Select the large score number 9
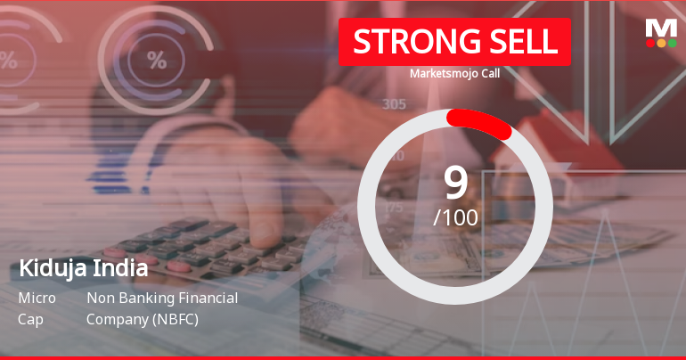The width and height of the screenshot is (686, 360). (455, 183)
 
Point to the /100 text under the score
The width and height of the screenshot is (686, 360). (455, 217)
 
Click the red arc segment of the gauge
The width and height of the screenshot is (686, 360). (479, 123)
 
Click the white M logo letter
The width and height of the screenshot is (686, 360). (660, 28)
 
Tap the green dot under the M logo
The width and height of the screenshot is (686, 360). (672, 43)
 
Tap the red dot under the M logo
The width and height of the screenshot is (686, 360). (649, 43)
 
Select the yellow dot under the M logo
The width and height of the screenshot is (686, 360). (660, 43)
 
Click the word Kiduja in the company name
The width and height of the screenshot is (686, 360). (48, 268)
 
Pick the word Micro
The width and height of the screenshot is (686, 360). (37, 298)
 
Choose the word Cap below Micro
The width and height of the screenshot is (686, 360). (29, 318)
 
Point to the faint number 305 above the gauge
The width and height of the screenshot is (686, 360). (394, 104)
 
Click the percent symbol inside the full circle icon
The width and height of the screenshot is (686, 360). (157, 61)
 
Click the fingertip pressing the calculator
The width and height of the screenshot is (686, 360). (263, 233)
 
